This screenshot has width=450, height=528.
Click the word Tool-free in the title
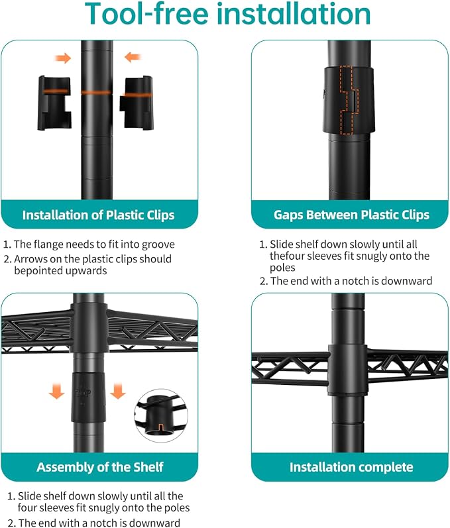[x=146, y=13]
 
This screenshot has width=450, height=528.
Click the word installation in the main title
[x=293, y=13]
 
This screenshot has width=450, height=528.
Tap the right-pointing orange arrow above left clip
[x=63, y=58]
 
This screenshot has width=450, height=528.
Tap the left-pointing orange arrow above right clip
[x=133, y=57]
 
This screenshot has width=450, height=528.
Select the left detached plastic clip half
[x=54, y=103]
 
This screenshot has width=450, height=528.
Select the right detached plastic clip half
[x=137, y=103]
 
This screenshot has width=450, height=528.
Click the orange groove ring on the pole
[x=96, y=92]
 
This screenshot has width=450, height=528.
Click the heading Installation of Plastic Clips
[x=98, y=215]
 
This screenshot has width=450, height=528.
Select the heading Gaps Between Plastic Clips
[x=351, y=215]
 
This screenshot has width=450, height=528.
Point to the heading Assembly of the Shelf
[x=99, y=467]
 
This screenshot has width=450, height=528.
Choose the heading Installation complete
[x=351, y=467]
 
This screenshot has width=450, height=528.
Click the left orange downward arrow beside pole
[x=56, y=391]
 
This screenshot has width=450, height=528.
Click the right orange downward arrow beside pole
[x=117, y=391]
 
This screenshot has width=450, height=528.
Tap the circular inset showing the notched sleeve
[x=161, y=416]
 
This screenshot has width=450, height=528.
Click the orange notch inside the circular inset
[x=161, y=428]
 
